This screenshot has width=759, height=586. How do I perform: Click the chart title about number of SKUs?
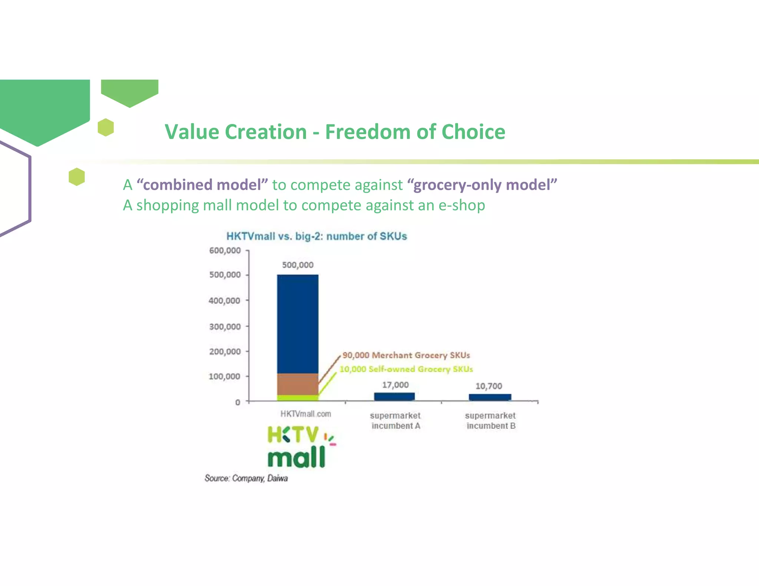(x=316, y=236)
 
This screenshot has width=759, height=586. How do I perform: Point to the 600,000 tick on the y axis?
(x=225, y=251)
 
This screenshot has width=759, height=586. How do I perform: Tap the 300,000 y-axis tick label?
(x=225, y=327)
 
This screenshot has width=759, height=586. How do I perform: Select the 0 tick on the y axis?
(x=238, y=402)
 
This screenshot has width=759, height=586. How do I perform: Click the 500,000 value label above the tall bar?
(x=298, y=265)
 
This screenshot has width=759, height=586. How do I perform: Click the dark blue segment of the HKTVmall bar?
(x=298, y=322)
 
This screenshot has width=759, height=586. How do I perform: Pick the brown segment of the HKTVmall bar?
(x=298, y=384)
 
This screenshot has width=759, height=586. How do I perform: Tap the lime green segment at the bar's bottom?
(x=298, y=398)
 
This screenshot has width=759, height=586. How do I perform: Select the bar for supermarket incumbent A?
(x=394, y=396)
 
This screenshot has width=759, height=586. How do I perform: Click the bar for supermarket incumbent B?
(x=490, y=397)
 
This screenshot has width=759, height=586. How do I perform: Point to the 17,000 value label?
(x=395, y=385)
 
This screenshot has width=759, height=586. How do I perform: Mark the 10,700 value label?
(x=488, y=386)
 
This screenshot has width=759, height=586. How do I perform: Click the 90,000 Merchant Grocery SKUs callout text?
(x=406, y=355)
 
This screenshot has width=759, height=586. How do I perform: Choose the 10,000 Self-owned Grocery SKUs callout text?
(x=406, y=369)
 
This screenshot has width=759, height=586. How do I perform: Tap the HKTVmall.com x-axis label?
(x=305, y=414)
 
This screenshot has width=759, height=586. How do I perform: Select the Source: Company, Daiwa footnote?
(x=246, y=478)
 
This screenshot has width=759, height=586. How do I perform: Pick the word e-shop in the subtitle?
(x=461, y=205)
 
